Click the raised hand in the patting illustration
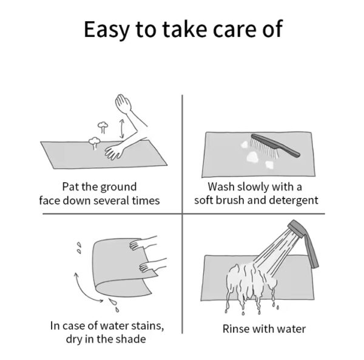(x=123, y=104)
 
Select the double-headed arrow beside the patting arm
(x=121, y=129)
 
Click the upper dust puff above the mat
(x=103, y=127)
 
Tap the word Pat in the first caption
(x=69, y=187)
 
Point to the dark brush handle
(x=276, y=144)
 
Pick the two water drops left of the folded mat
(x=79, y=248)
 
